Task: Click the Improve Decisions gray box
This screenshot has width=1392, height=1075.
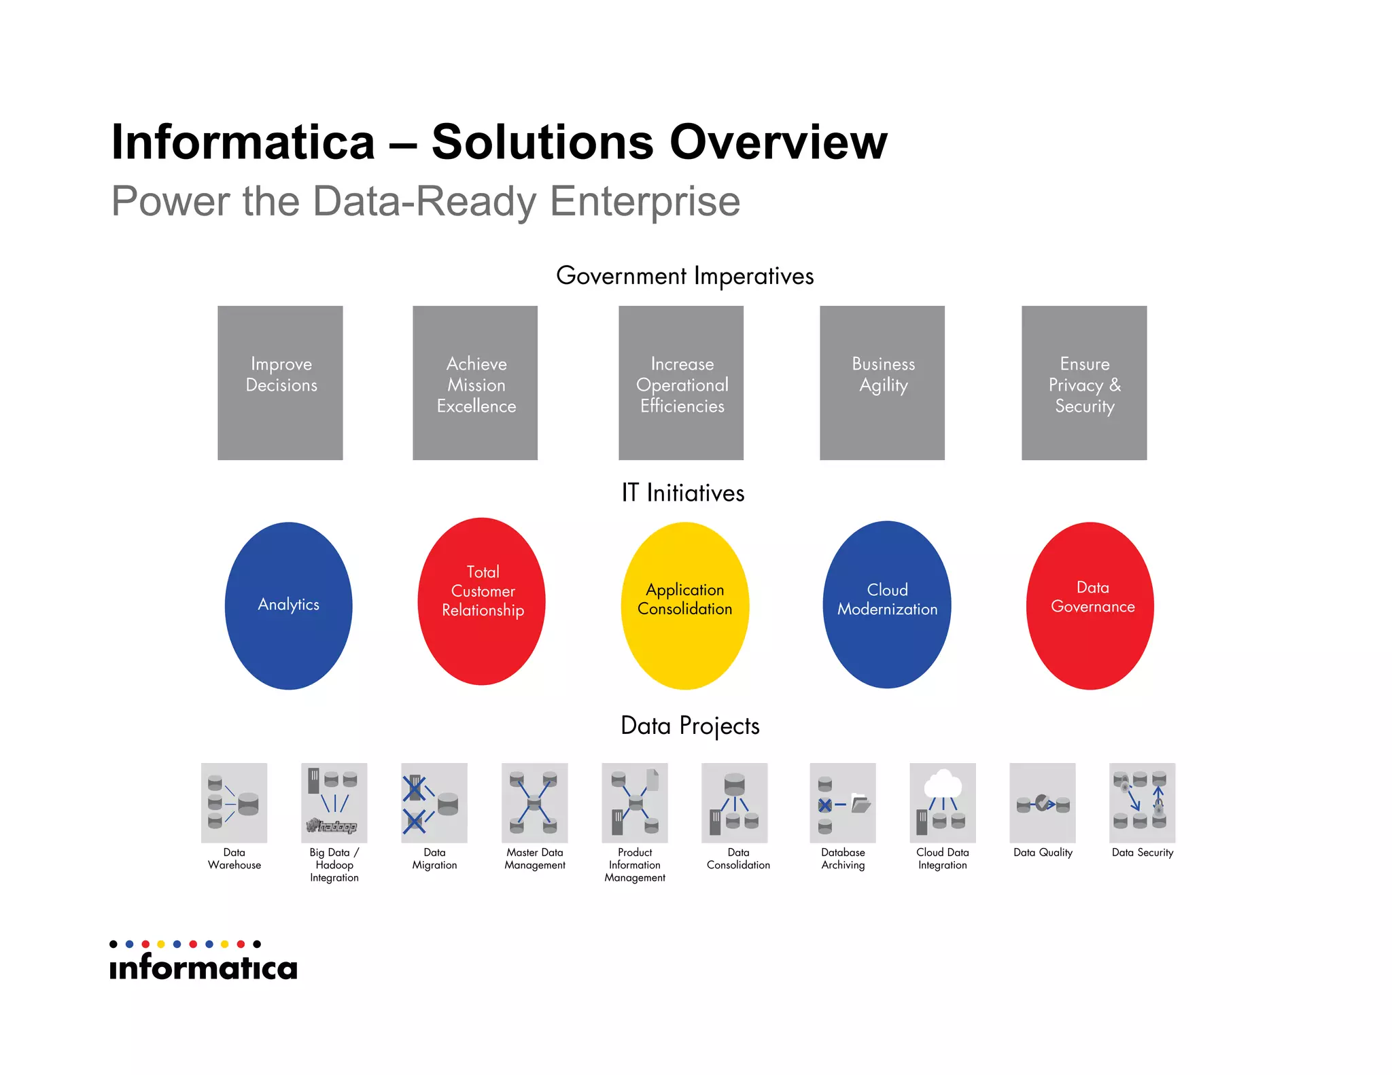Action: click(x=280, y=383)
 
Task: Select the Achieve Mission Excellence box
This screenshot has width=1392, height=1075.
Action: click(x=475, y=383)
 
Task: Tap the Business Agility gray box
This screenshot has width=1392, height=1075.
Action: click(x=882, y=383)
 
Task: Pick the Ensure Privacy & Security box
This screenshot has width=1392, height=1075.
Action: click(x=1084, y=383)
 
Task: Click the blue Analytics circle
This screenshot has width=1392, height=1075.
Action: click(x=289, y=605)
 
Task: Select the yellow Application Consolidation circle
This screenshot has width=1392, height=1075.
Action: click(x=685, y=605)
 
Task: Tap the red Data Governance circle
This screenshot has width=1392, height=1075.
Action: click(x=1090, y=605)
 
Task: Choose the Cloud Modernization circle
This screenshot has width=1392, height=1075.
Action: click(x=887, y=604)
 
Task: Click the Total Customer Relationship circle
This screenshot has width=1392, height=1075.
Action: click(x=482, y=601)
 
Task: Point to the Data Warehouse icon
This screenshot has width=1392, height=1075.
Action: click(x=234, y=803)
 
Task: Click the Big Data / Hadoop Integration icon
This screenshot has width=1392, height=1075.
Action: click(x=334, y=803)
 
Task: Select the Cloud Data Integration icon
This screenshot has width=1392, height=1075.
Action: click(x=943, y=803)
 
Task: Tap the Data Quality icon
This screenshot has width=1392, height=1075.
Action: click(x=1043, y=803)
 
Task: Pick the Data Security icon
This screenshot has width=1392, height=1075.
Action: click(x=1143, y=803)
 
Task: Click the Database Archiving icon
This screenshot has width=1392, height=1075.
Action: click(x=843, y=803)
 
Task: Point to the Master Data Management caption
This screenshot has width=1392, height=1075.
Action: click(x=535, y=859)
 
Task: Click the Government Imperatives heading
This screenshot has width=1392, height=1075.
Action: click(x=685, y=276)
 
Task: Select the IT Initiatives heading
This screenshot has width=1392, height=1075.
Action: click(x=683, y=493)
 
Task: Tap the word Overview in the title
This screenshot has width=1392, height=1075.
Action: click(x=778, y=142)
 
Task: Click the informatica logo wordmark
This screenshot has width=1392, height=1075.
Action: click(x=204, y=967)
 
